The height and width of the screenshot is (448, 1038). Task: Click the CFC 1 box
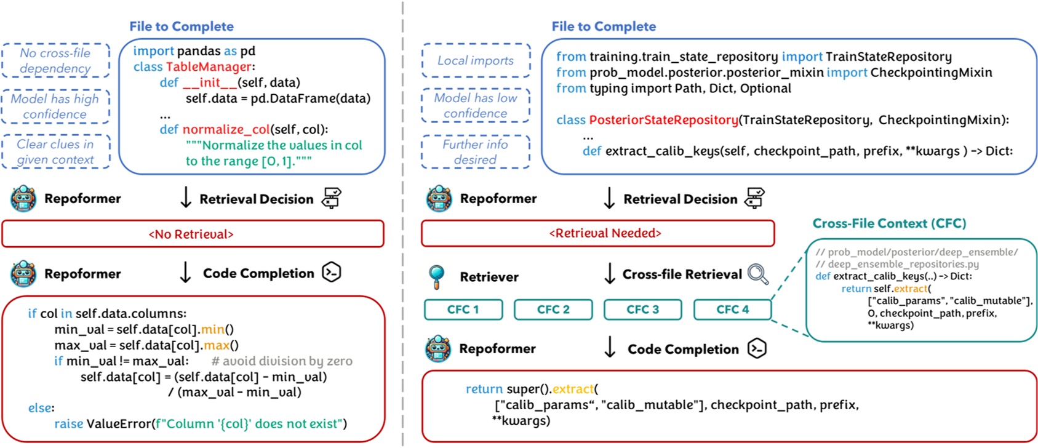pyautogui.click(x=463, y=310)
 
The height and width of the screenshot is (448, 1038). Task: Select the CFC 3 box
pyautogui.click(x=642, y=310)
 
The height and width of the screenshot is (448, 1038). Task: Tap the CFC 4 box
pyautogui.click(x=732, y=310)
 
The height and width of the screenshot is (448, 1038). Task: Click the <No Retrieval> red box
pyautogui.click(x=193, y=234)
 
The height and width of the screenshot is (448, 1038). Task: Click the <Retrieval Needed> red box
pyautogui.click(x=597, y=233)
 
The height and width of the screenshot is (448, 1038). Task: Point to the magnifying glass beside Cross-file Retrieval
pyautogui.click(x=758, y=274)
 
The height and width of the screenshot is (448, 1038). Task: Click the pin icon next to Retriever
pyautogui.click(x=436, y=276)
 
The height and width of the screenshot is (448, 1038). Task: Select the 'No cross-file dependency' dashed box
pyautogui.click(x=55, y=60)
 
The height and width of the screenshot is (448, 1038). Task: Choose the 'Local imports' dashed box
pyautogui.click(x=476, y=60)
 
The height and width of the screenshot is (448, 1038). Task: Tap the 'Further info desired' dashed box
pyautogui.click(x=476, y=152)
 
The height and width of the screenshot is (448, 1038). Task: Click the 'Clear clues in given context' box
pyautogui.click(x=55, y=151)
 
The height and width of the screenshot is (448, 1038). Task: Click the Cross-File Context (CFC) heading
pyautogui.click(x=889, y=223)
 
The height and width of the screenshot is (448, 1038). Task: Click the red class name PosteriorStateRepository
pyautogui.click(x=663, y=120)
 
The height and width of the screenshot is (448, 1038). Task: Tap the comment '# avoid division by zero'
pyautogui.click(x=282, y=361)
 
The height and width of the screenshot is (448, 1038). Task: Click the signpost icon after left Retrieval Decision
pyautogui.click(x=332, y=198)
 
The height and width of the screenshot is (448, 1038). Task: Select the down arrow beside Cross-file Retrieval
pyautogui.click(x=610, y=274)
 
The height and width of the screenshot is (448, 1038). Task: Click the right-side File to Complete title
pyautogui.click(x=604, y=26)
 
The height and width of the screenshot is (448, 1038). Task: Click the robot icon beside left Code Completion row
pyautogui.click(x=23, y=273)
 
